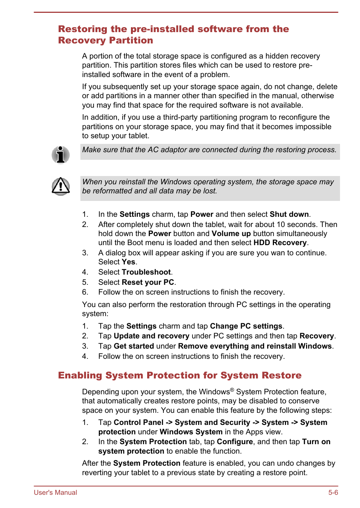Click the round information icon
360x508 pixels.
pyautogui.click(x=60, y=155)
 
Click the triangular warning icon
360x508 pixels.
pyautogui.click(x=60, y=186)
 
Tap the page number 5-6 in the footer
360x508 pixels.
pyautogui.click(x=333, y=493)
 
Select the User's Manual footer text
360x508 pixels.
pyautogui.click(x=55, y=493)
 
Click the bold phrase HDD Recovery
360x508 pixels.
pyautogui.click(x=280, y=243)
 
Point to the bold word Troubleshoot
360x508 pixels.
pyautogui.click(x=146, y=272)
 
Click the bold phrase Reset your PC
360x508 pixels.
pyautogui.click(x=148, y=283)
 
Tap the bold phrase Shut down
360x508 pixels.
pyautogui.click(x=289, y=215)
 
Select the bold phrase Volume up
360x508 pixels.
pyautogui.click(x=231, y=234)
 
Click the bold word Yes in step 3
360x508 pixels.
pyautogui.click(x=128, y=262)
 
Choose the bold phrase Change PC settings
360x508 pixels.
pyautogui.click(x=246, y=326)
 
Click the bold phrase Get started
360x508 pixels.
pyautogui.click(x=134, y=346)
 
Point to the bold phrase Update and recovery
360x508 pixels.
pyautogui.click(x=151, y=336)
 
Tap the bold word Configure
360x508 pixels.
pyautogui.click(x=235, y=442)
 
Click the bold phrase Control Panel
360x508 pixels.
pyautogui.click(x=138, y=423)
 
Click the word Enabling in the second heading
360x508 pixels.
pyautogui.click(x=80, y=375)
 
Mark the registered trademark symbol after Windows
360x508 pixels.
pyautogui.click(x=232, y=390)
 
